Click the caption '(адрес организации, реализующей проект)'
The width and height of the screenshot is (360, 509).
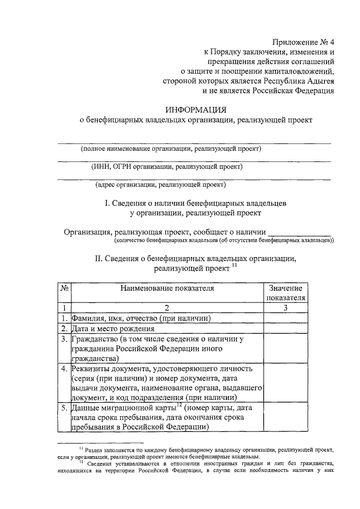tap(161, 184)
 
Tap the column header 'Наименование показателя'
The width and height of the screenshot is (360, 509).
tap(167, 289)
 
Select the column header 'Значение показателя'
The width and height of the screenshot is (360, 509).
tap(286, 293)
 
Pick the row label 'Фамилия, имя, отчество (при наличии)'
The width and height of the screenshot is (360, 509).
tap(141, 318)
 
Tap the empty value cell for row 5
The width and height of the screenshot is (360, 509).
tap(286, 417)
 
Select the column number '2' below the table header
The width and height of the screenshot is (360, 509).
tap(167, 308)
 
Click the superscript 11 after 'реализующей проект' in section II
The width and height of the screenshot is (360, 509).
tap(235, 266)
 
